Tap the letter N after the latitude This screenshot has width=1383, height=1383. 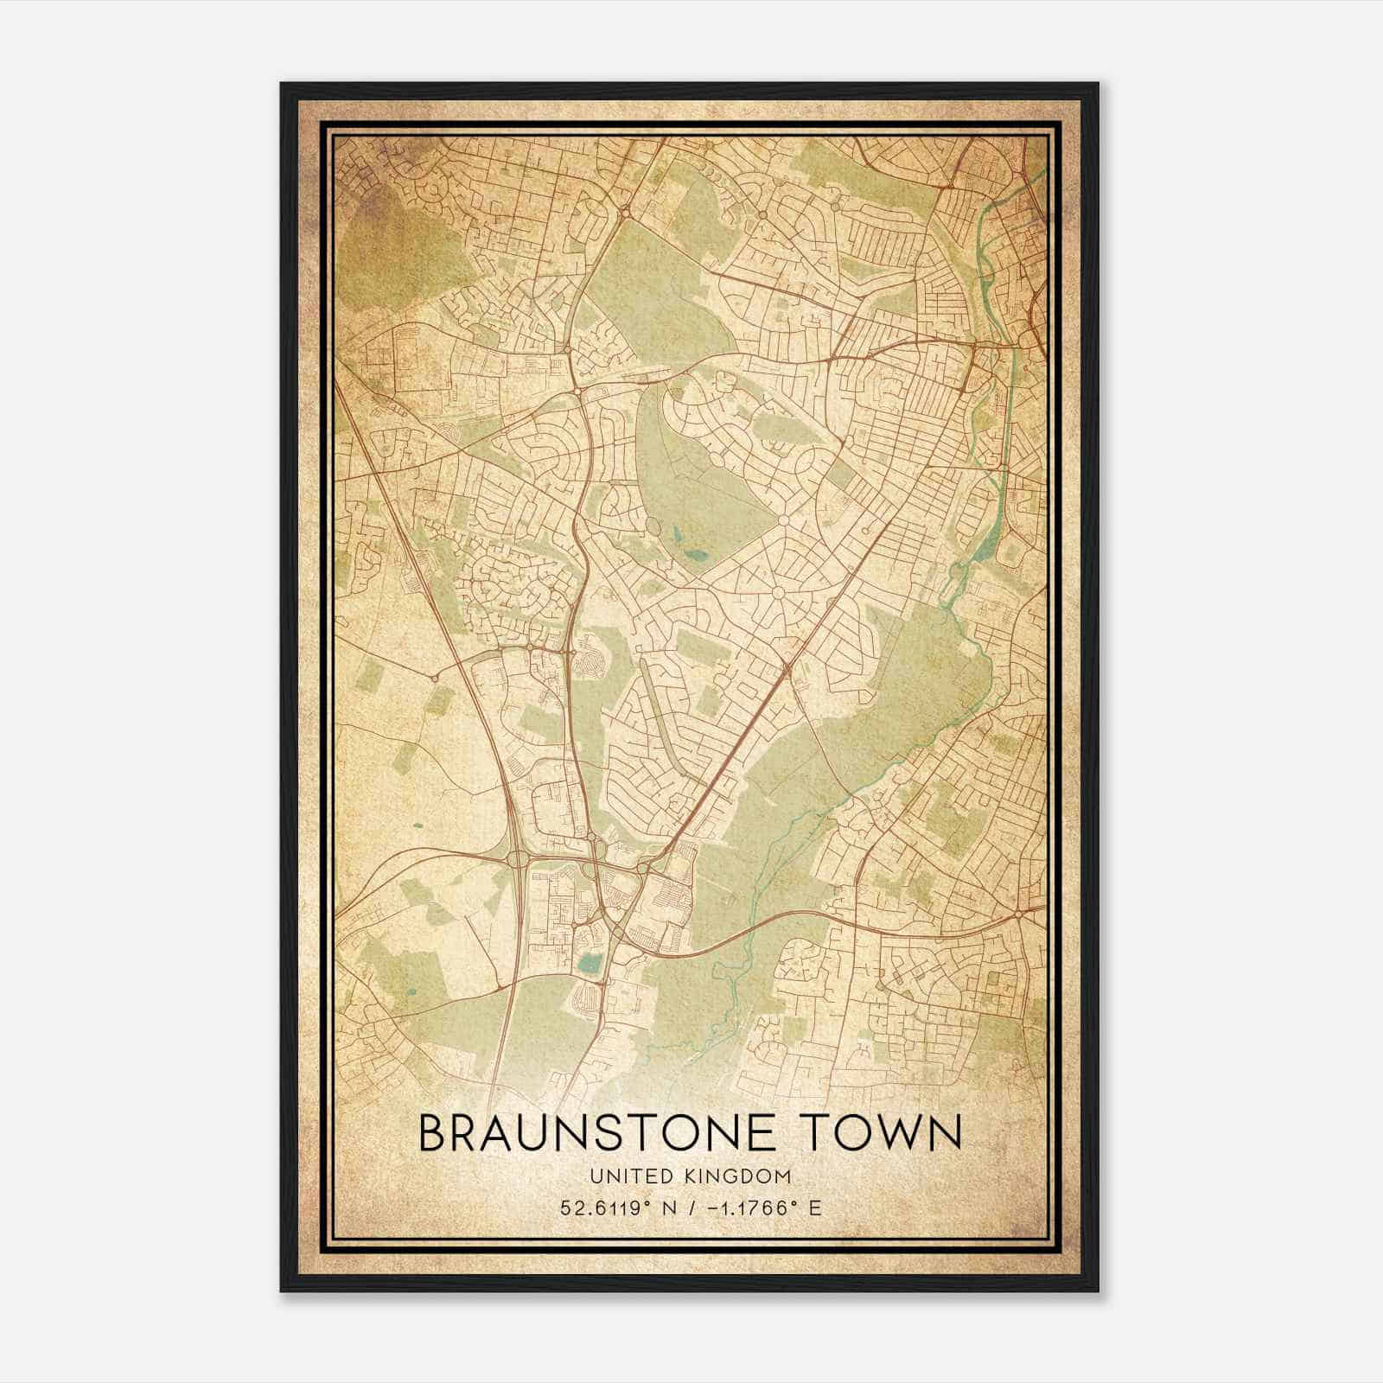[x=664, y=1208]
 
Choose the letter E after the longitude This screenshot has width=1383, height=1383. [x=814, y=1208]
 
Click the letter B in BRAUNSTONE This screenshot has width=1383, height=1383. [x=433, y=1133]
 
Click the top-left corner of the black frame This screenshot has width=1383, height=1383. [x=282, y=84]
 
